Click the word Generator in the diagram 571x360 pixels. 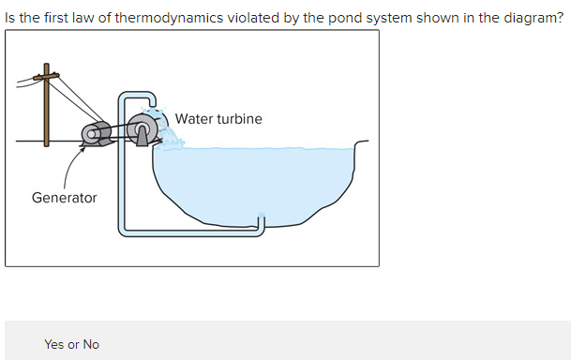pyautogui.click(x=64, y=198)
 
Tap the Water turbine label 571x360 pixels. pyautogui.click(x=218, y=119)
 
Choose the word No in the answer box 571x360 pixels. pyautogui.click(x=90, y=344)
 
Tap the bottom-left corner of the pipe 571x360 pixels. pyautogui.click(x=122, y=230)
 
